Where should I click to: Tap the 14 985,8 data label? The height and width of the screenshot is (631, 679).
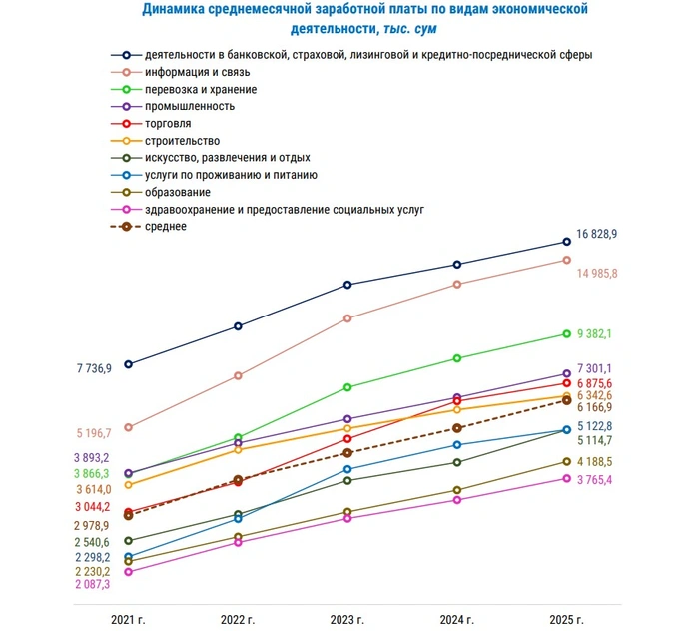click(597, 273)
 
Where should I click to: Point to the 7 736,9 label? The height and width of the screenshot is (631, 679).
click(93, 369)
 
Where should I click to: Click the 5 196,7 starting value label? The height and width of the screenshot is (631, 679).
click(93, 433)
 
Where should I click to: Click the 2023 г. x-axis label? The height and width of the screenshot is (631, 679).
click(346, 620)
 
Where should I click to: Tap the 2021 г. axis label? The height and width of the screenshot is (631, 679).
click(128, 620)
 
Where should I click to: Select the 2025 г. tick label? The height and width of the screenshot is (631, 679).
click(565, 620)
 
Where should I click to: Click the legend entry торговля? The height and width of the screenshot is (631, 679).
click(167, 124)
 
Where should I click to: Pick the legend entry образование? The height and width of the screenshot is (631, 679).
click(177, 192)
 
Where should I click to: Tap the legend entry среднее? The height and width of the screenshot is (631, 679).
click(165, 227)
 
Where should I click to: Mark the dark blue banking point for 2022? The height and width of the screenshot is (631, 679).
click(238, 326)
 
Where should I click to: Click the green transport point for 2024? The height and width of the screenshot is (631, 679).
click(457, 358)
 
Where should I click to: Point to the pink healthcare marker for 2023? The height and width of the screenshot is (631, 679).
click(347, 519)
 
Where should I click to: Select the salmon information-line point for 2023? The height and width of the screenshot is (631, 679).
click(347, 318)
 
